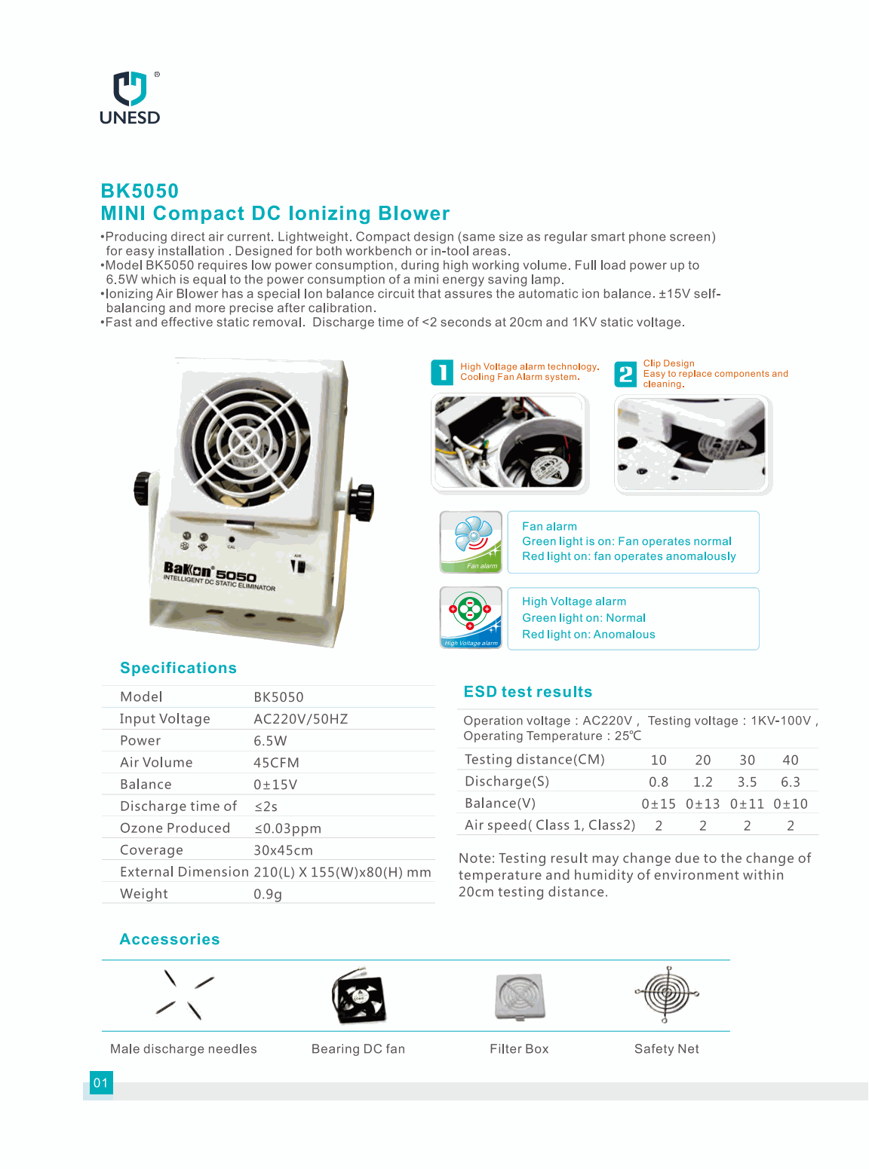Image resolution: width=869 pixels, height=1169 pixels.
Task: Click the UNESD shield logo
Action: pyautogui.click(x=130, y=89)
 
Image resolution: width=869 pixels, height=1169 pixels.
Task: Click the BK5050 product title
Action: pyautogui.click(x=140, y=191)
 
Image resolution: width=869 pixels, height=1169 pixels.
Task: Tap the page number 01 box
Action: pyautogui.click(x=100, y=1083)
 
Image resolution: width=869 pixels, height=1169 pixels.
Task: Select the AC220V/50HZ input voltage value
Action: pyautogui.click(x=300, y=719)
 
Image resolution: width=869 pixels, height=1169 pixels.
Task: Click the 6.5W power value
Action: pyautogui.click(x=270, y=741)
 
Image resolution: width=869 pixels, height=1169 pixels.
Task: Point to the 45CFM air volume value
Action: pyautogui.click(x=276, y=763)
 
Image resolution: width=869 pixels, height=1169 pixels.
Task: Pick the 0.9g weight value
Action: pyautogui.click(x=268, y=894)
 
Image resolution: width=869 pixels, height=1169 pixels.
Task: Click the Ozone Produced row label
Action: pyautogui.click(x=175, y=828)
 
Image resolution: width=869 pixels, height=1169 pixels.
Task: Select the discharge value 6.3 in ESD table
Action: pyautogui.click(x=790, y=782)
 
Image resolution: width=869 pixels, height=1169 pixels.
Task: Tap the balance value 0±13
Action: pyautogui.click(x=702, y=804)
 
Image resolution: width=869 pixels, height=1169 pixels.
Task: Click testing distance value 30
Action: pyautogui.click(x=747, y=760)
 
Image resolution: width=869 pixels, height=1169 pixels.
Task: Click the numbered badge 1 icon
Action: pyautogui.click(x=442, y=372)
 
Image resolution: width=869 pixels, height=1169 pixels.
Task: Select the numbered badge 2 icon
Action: pyautogui.click(x=625, y=374)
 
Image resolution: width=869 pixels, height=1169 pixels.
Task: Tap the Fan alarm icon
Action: pyautogui.click(x=471, y=542)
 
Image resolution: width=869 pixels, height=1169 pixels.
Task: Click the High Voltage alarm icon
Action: pyautogui.click(x=471, y=617)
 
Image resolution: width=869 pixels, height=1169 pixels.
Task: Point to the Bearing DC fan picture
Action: pyautogui.click(x=359, y=997)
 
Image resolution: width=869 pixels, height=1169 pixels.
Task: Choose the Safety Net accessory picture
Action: pyautogui.click(x=666, y=993)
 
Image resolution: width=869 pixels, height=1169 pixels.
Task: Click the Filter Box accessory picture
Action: pyautogui.click(x=520, y=996)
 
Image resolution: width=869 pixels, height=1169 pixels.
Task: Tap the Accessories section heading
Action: pyautogui.click(x=170, y=940)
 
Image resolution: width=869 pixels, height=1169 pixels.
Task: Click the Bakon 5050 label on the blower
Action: pyautogui.click(x=210, y=574)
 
